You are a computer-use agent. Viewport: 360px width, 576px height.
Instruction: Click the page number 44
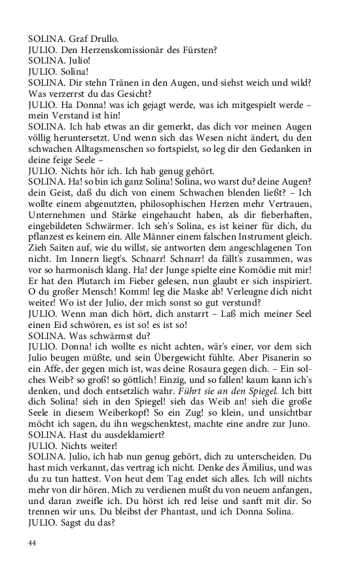point(32,543)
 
